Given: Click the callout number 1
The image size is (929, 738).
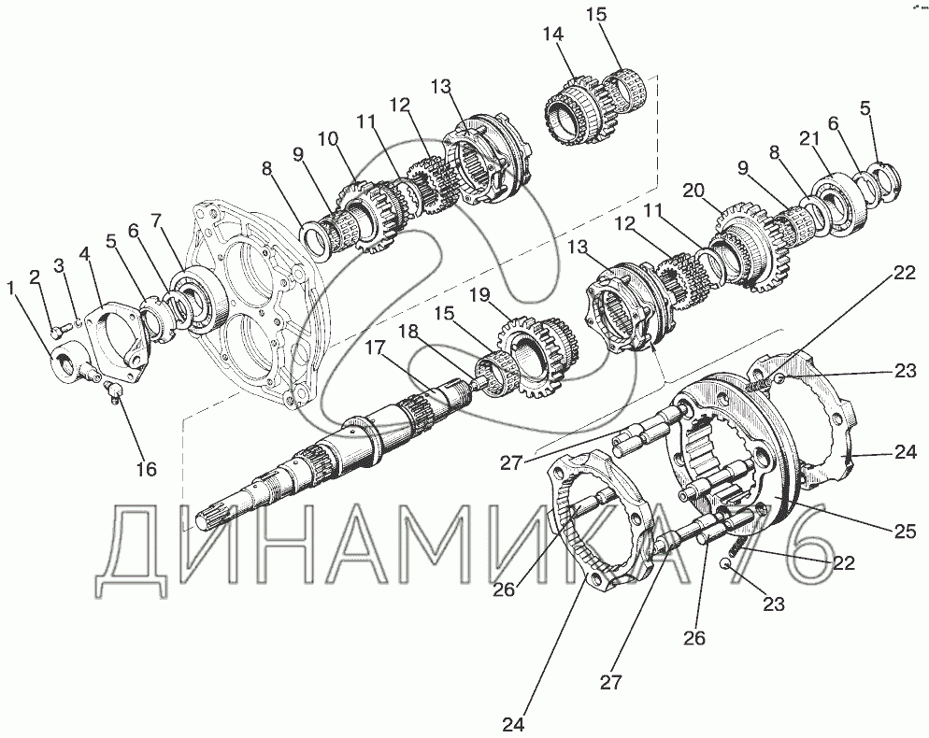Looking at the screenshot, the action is pos(10,289).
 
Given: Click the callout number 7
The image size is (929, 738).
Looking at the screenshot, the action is pos(156,221).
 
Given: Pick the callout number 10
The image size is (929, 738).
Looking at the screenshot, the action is pos(328,140).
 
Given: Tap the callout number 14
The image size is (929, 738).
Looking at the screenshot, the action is pos(552,35).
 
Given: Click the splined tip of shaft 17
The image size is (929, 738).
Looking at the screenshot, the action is pos(202,522).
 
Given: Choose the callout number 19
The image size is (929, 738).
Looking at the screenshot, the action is pos(482,294).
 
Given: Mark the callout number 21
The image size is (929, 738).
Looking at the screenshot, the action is pos(809,139).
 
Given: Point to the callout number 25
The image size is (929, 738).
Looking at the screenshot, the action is pos(905,532).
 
